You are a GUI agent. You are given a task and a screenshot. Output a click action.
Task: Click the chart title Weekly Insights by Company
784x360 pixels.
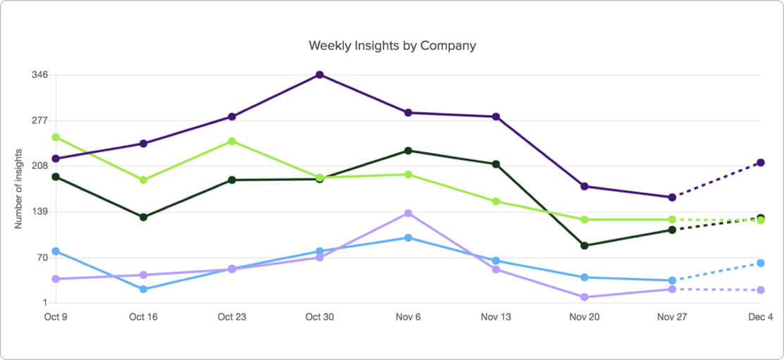pyautogui.click(x=392, y=46)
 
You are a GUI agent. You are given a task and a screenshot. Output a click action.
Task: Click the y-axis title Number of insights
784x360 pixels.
pyautogui.click(x=19, y=189)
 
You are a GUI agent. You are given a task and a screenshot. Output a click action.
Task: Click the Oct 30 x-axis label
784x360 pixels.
pyautogui.click(x=319, y=317)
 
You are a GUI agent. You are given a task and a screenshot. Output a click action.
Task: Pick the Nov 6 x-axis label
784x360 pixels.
pyautogui.click(x=408, y=317)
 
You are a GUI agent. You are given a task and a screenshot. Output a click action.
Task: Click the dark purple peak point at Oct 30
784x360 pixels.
pyautogui.click(x=320, y=75)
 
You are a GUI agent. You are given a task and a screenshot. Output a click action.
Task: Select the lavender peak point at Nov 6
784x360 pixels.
pyautogui.click(x=408, y=213)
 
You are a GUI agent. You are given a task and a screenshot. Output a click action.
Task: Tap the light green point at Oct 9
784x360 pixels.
pyautogui.click(x=56, y=137)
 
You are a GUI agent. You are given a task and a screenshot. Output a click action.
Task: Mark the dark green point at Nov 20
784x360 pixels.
pyautogui.click(x=585, y=245)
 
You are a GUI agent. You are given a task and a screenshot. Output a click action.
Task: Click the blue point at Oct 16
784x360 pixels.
pyautogui.click(x=144, y=289)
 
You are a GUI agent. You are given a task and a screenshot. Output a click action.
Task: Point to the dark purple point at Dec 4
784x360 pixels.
pyautogui.click(x=761, y=163)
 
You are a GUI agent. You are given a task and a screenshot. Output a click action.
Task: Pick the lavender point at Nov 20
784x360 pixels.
pyautogui.click(x=585, y=297)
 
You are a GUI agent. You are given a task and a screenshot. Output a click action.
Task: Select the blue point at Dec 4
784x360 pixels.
pyautogui.click(x=761, y=263)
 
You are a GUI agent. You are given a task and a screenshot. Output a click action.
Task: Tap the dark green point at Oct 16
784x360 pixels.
pyautogui.click(x=144, y=217)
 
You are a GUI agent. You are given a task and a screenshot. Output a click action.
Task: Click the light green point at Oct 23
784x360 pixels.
pyautogui.click(x=232, y=142)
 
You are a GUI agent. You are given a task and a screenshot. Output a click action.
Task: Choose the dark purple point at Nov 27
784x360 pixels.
pyautogui.click(x=673, y=197)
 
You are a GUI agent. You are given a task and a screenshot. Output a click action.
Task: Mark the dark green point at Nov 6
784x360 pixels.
pyautogui.click(x=408, y=151)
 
